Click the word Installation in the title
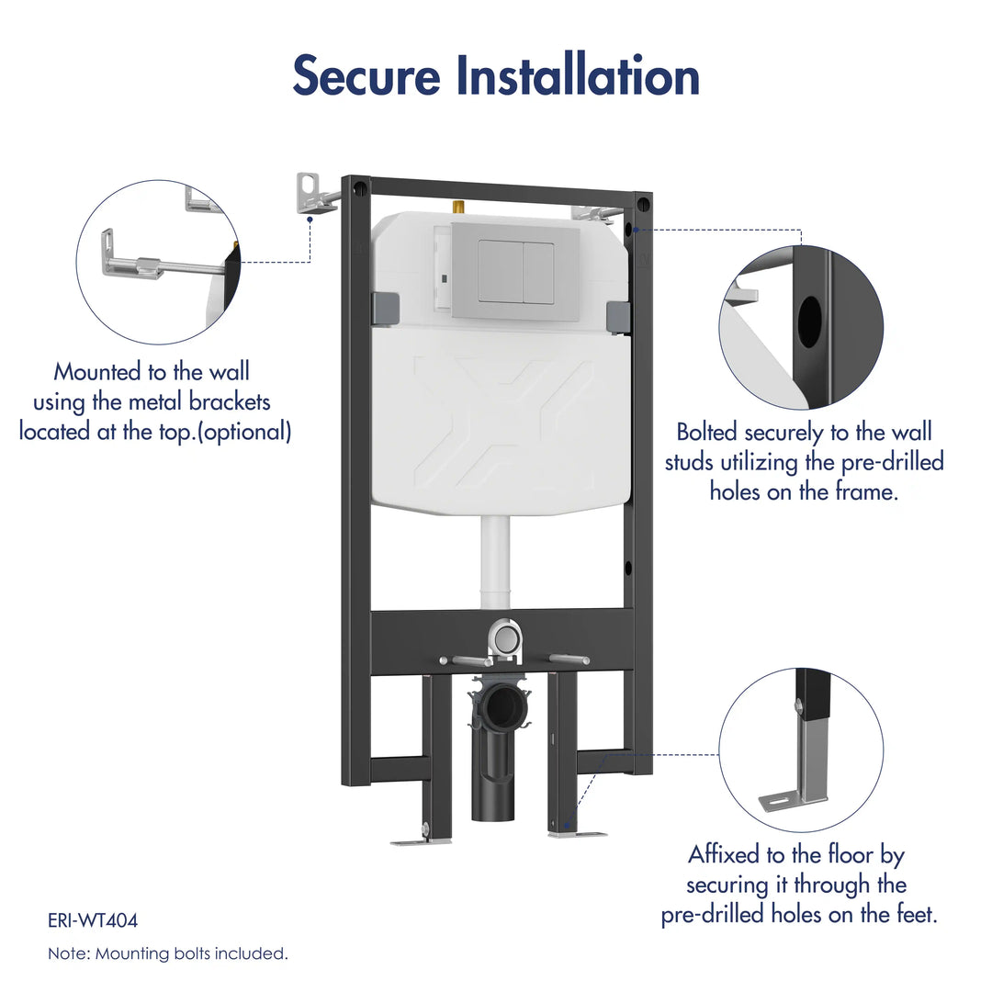click(578, 76)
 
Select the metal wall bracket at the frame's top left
click(312, 194)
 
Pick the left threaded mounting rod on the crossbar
click(464, 659)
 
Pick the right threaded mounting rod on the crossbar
click(568, 659)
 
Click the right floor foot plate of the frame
click(577, 834)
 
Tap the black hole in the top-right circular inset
click(810, 321)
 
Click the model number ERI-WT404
click(93, 920)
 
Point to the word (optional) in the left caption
click(242, 432)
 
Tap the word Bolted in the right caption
click(708, 432)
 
